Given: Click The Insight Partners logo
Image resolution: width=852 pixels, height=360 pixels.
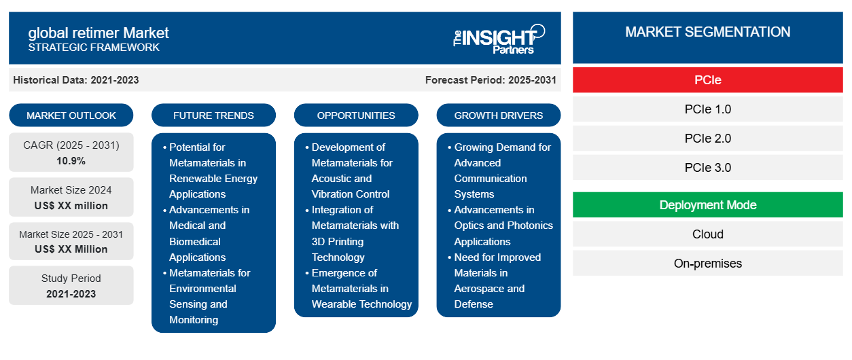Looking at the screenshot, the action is click(x=499, y=39).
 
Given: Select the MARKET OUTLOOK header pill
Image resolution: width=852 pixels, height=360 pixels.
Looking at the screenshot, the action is click(x=71, y=115).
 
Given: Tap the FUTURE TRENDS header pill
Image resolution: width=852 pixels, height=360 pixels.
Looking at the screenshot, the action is click(x=213, y=115).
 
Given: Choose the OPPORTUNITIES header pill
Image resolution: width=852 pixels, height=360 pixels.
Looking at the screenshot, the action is click(x=356, y=115).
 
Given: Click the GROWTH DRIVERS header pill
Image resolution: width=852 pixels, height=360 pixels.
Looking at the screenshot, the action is click(x=498, y=115).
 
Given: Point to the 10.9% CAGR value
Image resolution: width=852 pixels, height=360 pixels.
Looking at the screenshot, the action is click(x=71, y=161).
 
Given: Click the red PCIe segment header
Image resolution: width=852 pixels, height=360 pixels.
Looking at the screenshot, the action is click(x=708, y=80).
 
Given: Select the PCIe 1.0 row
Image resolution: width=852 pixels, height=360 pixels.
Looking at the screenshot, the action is click(x=708, y=109).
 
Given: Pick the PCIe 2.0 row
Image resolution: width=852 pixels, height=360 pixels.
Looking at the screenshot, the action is click(x=708, y=139).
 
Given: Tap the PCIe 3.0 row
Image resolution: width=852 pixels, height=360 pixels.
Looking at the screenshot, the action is click(x=708, y=168).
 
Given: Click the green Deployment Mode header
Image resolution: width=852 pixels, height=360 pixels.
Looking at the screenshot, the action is click(x=708, y=205).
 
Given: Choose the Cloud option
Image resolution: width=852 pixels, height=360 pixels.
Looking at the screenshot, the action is click(x=708, y=234).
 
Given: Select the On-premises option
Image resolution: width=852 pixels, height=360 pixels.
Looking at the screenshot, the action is click(x=708, y=264).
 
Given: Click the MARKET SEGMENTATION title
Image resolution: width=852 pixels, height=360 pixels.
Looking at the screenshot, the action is click(x=708, y=32).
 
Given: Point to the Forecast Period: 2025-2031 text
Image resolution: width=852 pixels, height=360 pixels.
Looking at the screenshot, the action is click(x=491, y=80).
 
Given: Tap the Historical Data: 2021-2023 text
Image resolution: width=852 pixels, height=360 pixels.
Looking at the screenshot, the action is click(x=76, y=80).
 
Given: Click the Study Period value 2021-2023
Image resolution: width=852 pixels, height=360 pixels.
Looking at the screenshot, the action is click(x=71, y=294).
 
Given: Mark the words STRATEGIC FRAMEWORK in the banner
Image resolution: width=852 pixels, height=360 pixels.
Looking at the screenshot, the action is click(x=94, y=48).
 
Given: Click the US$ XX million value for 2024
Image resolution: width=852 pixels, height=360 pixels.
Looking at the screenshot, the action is click(x=71, y=206).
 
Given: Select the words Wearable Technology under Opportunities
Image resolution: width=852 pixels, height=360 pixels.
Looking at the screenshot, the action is click(x=361, y=304).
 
